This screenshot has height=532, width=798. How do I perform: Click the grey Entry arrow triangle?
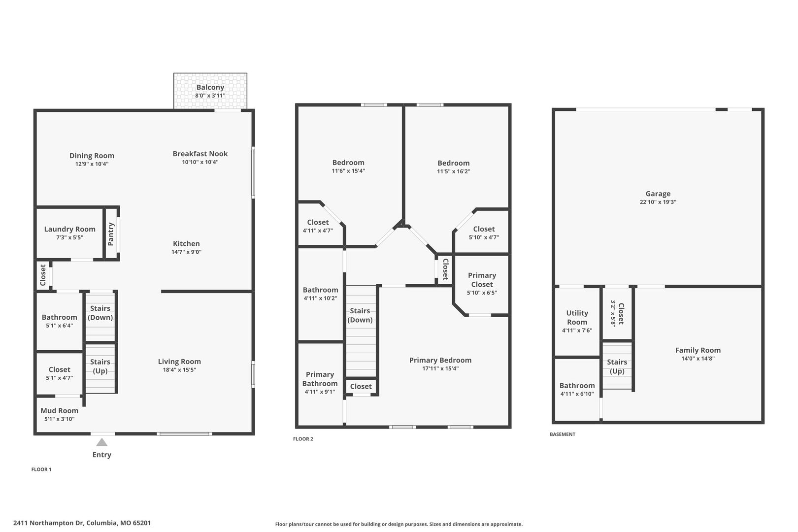[102, 442]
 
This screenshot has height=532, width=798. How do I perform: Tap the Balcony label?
[210, 87]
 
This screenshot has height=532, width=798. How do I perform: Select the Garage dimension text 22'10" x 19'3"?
[658, 202]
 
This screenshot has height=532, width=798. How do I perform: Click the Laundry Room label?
[70, 229]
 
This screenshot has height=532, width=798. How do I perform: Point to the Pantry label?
[111, 234]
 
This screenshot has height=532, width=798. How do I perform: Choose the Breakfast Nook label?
[200, 154]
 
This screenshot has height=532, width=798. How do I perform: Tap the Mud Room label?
[60, 410]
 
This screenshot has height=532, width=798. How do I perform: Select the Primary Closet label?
[482, 280]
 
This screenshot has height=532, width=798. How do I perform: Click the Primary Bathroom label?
[320, 379]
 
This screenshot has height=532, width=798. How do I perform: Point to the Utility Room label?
[577, 318]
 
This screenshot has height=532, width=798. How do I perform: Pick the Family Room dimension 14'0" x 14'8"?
[698, 359]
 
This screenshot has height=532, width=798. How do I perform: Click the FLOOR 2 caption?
[303, 439]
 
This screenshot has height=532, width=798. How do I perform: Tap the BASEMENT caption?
[563, 434]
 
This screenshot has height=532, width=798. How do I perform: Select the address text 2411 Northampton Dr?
[48, 523]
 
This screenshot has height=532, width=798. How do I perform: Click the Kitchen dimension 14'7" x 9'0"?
[186, 252]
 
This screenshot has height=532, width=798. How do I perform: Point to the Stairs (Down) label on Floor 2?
[360, 315]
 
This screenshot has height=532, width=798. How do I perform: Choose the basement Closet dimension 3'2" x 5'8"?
[613, 314]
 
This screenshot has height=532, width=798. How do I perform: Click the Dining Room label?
[92, 156]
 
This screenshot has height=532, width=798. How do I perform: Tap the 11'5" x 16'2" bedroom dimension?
[454, 171]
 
